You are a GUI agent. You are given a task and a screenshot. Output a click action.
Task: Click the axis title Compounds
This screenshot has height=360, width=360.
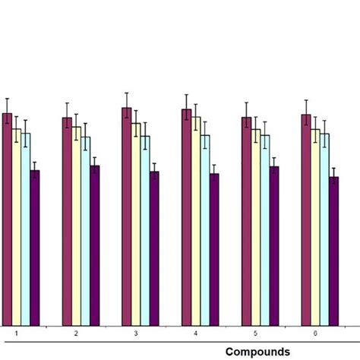tap(257, 351)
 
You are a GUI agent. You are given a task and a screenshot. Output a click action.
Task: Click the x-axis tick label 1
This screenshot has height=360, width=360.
tap(16, 333)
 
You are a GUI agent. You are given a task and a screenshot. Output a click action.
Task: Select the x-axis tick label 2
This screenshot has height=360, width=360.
tap(76, 333)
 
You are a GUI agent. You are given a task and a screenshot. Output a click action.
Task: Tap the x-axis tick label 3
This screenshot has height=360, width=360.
tap(136, 333)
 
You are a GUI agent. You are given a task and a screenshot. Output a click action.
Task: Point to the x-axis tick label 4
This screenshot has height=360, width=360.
tap(196, 333)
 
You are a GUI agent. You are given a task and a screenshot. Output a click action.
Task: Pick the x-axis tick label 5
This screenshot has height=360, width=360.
tap(255, 333)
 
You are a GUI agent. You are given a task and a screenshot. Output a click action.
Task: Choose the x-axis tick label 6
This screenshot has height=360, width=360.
tap(315, 333)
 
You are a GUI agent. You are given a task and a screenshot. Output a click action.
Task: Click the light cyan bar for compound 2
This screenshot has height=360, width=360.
tap(85, 231)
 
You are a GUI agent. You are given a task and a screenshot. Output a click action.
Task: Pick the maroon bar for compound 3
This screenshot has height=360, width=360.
tap(127, 216)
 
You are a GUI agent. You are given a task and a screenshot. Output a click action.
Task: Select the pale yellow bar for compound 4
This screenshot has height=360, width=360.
tap(196, 221)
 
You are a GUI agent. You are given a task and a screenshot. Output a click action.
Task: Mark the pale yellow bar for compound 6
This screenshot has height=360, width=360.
tap(315, 227)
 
